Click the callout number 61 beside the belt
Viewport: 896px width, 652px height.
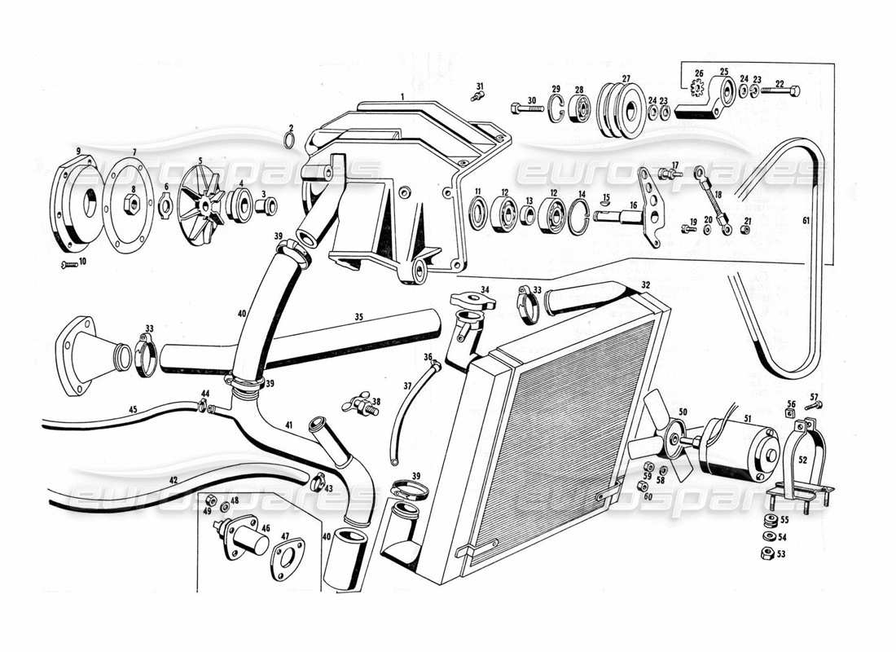coord(806,222)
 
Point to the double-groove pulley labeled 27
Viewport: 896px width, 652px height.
coord(620,109)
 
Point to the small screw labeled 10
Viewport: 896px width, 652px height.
coord(69,265)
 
